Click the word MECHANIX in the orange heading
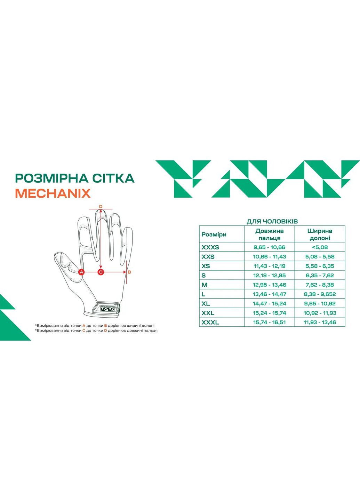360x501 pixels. (x=53, y=193)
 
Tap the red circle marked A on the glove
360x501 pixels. (x=82, y=272)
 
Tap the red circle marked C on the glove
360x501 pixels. (x=101, y=272)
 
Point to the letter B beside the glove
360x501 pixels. (x=129, y=272)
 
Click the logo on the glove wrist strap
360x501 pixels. (x=105, y=308)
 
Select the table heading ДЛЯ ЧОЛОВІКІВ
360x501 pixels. (x=272, y=222)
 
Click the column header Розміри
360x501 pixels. (x=214, y=234)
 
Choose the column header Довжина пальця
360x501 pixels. (x=270, y=234)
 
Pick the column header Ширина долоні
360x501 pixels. (x=320, y=234)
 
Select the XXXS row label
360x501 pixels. (x=210, y=247)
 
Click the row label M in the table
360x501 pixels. (x=205, y=285)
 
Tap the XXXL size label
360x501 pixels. (x=210, y=323)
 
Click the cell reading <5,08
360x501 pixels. (x=320, y=247)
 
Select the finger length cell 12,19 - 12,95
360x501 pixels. (x=270, y=276)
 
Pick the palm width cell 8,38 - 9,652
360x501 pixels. (x=320, y=294)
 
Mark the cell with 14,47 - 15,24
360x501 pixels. (x=270, y=304)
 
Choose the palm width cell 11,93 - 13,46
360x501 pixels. (x=320, y=323)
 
